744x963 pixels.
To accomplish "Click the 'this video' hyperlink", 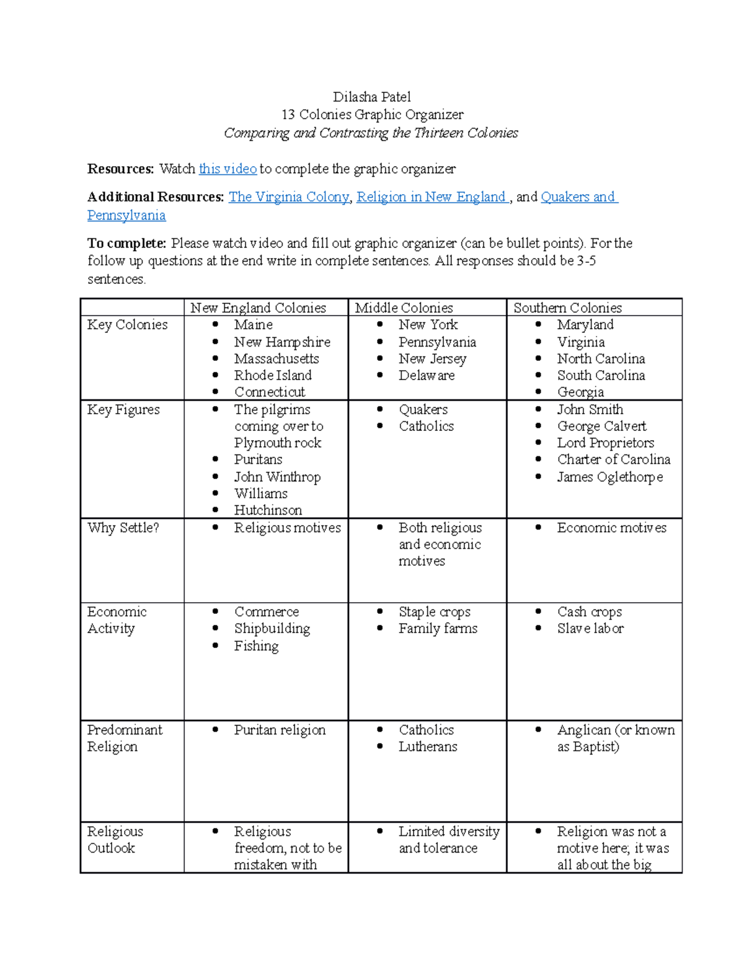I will pyautogui.click(x=228, y=169).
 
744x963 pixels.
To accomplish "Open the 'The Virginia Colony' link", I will pyautogui.click(x=289, y=197).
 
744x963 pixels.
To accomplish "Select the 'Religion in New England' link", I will pyautogui.click(x=432, y=197).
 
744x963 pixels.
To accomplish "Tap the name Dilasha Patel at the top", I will pyautogui.click(x=371, y=97).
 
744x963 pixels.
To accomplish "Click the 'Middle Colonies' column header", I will pyautogui.click(x=404, y=308).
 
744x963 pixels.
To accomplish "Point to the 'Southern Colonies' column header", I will pyautogui.click(x=567, y=308).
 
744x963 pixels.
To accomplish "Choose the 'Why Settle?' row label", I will pyautogui.click(x=123, y=528).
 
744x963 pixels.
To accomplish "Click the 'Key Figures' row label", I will pyautogui.click(x=123, y=410).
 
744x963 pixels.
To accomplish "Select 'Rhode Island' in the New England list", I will pyautogui.click(x=273, y=375).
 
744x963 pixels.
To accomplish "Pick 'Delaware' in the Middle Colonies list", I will pyautogui.click(x=427, y=375).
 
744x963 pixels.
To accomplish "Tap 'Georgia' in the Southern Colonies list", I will pyautogui.click(x=580, y=392).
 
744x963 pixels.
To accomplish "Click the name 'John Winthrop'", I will pyautogui.click(x=277, y=477).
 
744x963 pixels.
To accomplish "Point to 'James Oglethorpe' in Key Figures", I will pyautogui.click(x=609, y=477).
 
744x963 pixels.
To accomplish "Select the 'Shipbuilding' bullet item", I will pyautogui.click(x=272, y=628).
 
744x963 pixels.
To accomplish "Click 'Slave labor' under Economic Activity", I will pyautogui.click(x=590, y=628).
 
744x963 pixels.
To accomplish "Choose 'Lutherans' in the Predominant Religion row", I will pyautogui.click(x=428, y=747).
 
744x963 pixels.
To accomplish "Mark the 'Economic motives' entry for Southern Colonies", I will pyautogui.click(x=611, y=528).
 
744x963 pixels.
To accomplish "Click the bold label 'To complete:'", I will pyautogui.click(x=126, y=243).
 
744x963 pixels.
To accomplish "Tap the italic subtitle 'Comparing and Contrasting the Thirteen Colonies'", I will pyautogui.click(x=371, y=133).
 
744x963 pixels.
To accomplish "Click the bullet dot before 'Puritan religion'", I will pyautogui.click(x=215, y=730).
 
